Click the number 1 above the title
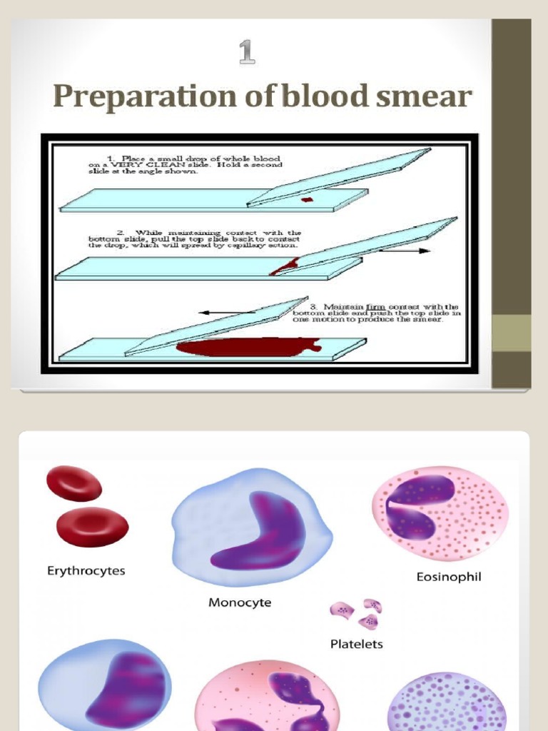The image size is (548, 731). [x=247, y=52]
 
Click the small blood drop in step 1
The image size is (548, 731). [x=306, y=199]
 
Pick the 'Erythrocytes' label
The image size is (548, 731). [x=86, y=570]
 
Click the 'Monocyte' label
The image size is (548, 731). [x=240, y=603]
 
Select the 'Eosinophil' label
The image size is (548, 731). [x=449, y=576]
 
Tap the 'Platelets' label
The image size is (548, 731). [x=356, y=644]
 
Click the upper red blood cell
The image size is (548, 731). [x=74, y=483]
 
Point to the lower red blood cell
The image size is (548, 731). [x=93, y=526]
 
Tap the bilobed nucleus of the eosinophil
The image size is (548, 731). [x=417, y=508]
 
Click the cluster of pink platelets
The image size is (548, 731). [x=357, y=612]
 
